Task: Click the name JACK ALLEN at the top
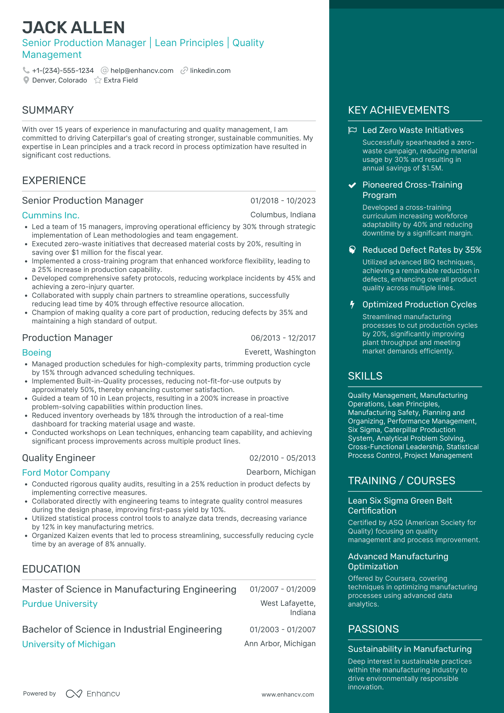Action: (73, 28)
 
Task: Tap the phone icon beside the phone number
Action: (26, 70)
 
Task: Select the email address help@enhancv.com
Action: (142, 71)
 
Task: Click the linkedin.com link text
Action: (210, 71)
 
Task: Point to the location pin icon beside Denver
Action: (26, 80)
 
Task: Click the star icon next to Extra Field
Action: (98, 80)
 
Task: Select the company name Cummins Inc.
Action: (51, 216)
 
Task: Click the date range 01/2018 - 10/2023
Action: (283, 201)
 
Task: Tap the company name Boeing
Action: (36, 353)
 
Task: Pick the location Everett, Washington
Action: (280, 352)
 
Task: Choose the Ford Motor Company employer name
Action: (66, 473)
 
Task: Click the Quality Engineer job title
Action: (59, 458)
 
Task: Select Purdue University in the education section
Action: (60, 604)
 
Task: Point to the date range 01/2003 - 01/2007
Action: (282, 630)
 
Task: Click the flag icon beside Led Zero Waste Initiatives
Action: (352, 130)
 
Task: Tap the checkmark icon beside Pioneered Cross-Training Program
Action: (352, 185)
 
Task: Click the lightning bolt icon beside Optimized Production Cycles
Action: (352, 304)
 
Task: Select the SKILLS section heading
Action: (365, 376)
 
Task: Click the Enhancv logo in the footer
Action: (93, 694)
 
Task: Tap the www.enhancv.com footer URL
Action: (288, 694)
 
